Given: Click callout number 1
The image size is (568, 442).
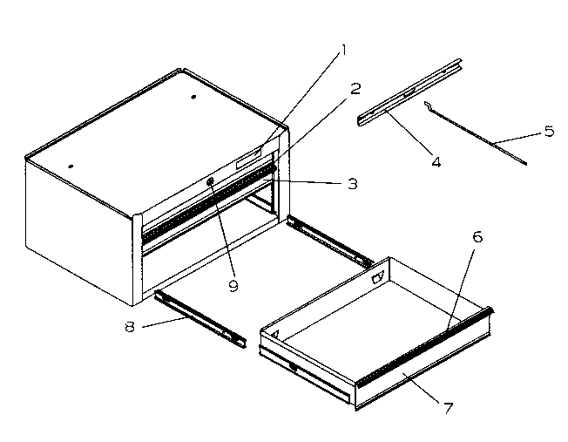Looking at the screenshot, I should pos(344,50).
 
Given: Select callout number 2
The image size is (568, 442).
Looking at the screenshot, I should pos(355,87).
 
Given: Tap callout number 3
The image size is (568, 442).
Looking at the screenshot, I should pos(352,184).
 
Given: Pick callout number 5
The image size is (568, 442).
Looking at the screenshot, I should pos(548,132).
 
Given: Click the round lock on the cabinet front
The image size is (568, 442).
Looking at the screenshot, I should pos(212,181).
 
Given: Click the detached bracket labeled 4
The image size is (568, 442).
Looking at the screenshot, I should pos(409,94).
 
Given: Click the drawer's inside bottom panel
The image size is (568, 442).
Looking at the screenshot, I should pos(366,323).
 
